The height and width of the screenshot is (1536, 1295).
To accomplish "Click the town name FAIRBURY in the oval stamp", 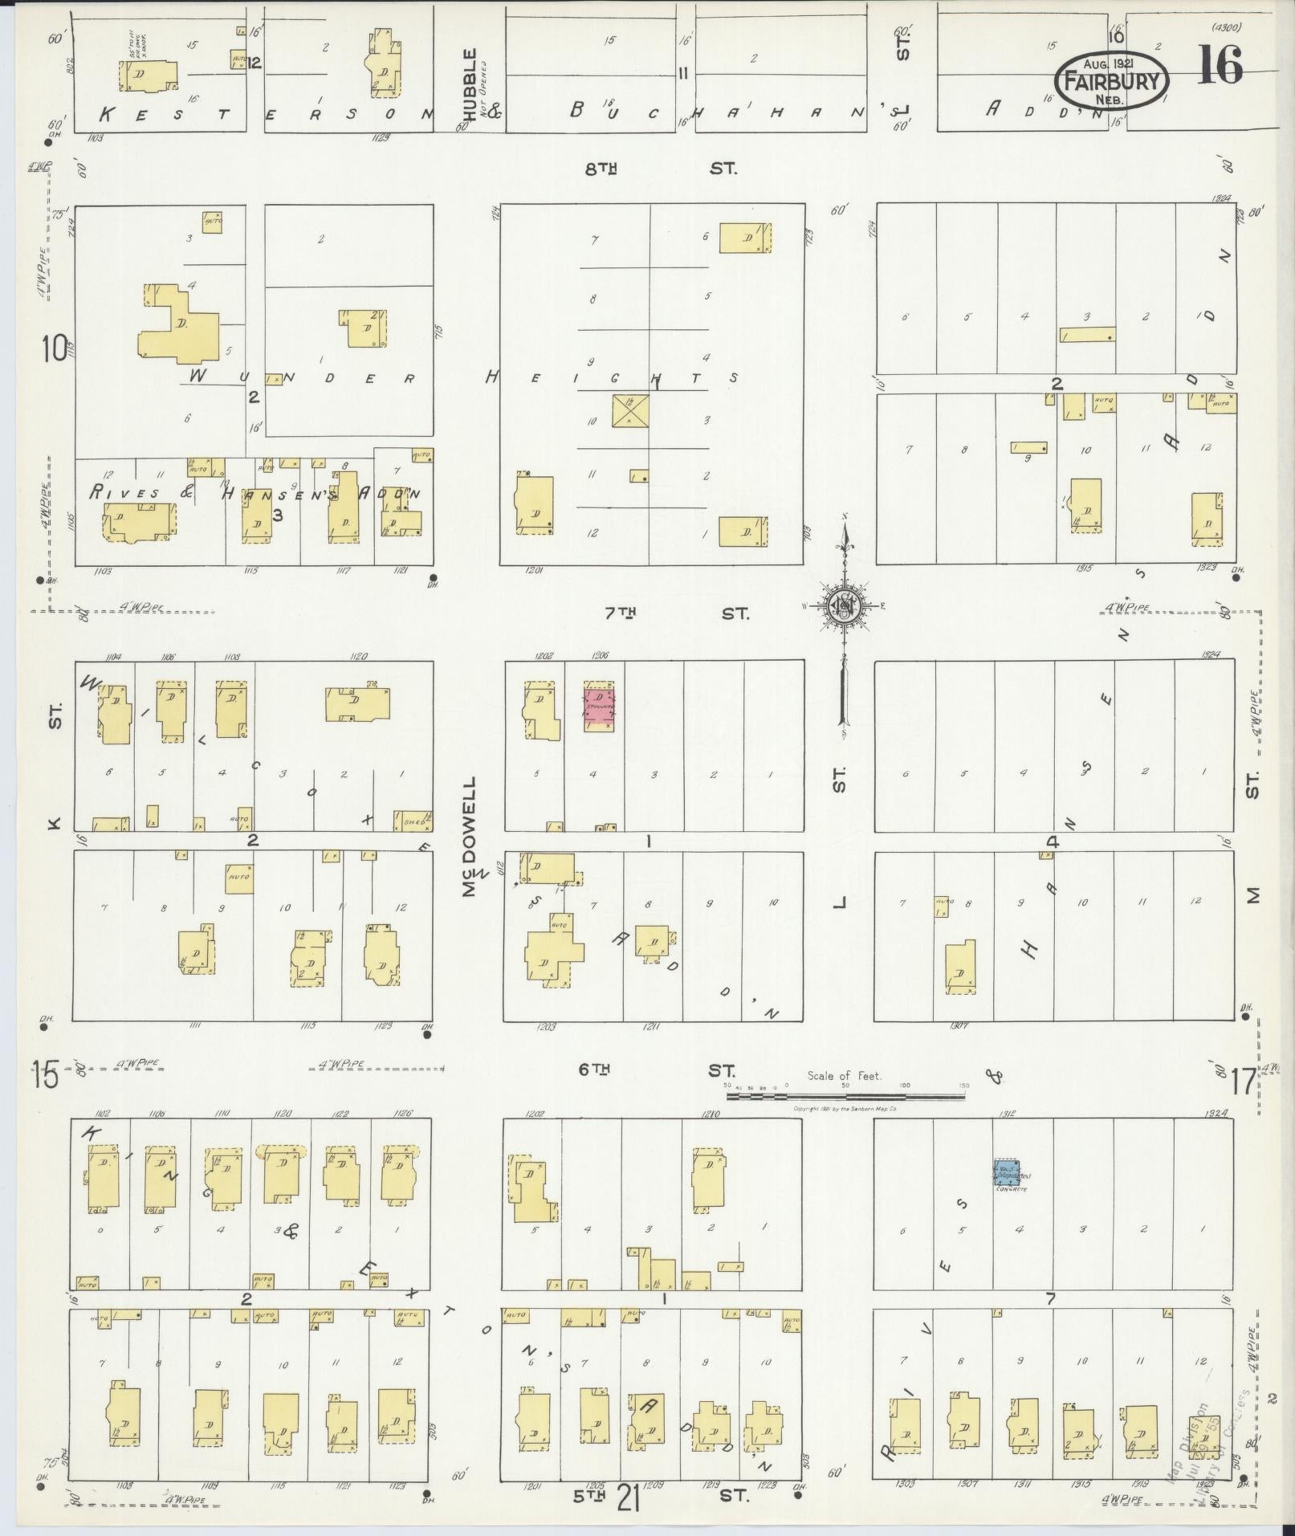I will click(1111, 81).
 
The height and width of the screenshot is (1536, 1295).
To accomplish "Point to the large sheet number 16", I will click(1220, 65).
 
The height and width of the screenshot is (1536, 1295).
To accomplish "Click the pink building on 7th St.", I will click(598, 707).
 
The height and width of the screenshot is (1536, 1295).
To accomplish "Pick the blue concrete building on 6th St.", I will click(1007, 1173).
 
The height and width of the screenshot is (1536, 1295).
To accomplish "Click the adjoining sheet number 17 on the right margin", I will click(1243, 1083).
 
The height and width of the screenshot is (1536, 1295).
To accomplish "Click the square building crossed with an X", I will click(631, 410).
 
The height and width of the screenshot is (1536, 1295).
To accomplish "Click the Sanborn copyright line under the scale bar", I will click(844, 1109).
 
